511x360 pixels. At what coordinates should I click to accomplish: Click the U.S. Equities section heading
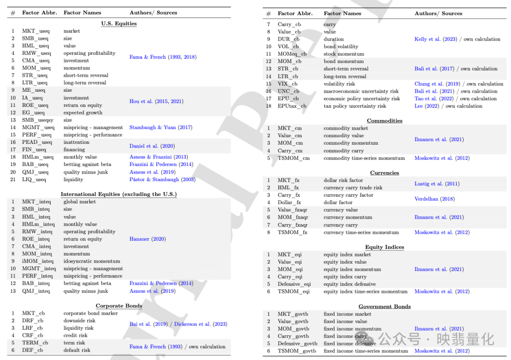pos(119,23)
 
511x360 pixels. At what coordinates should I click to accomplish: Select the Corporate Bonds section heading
pos(119,306)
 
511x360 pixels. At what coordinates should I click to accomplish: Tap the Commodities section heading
pos(385,121)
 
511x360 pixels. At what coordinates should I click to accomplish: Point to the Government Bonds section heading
pos(385,307)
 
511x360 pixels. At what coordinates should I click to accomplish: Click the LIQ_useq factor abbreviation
pos(34,180)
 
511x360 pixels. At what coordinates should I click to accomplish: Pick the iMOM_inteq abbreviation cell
pos(38,261)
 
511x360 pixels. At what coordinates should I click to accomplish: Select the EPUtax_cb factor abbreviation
pos(292,106)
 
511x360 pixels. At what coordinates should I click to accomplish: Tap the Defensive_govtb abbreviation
pos(298,344)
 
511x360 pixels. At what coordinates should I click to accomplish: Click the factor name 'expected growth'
pos(83,113)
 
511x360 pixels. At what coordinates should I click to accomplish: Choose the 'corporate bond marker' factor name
pos(90,313)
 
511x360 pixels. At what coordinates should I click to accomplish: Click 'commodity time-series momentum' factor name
pos(364,158)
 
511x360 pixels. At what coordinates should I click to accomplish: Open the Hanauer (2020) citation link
pos(148,239)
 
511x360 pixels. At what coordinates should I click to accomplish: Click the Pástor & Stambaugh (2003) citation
pos(162,180)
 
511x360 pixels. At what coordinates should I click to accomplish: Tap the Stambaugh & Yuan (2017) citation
pos(161,127)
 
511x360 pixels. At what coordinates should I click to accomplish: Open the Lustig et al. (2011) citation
pos(437,184)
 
